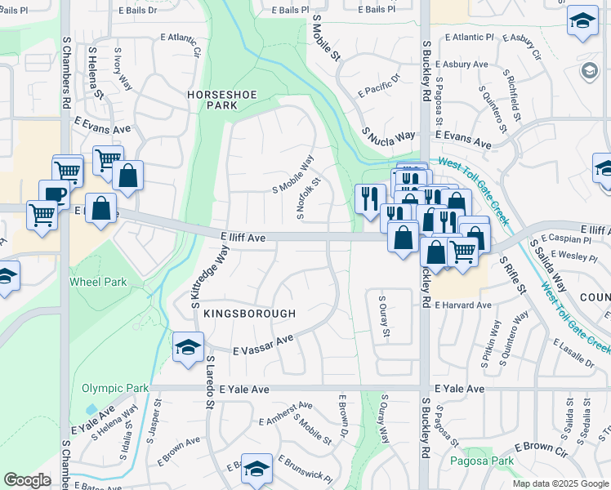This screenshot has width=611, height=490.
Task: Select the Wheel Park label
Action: click(x=97, y=282)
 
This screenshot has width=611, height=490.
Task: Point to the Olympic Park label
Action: click(x=115, y=389)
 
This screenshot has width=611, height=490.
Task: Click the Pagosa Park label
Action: click(x=482, y=461)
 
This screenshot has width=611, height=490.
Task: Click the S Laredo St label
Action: click(x=210, y=376)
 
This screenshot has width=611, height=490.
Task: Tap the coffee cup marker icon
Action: click(x=54, y=194)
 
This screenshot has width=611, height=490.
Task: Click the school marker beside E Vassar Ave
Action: click(x=188, y=347)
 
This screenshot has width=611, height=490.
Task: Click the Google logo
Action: click(x=27, y=480)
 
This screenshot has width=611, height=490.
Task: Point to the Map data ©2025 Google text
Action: click(x=560, y=483)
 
